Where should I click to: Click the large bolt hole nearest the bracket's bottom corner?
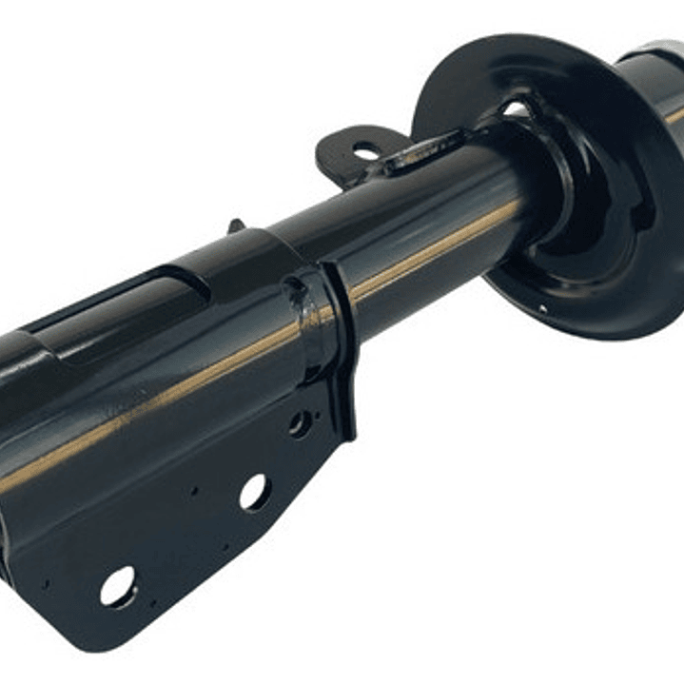118,586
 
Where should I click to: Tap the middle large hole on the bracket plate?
254,492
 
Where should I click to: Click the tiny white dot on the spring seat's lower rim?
540,307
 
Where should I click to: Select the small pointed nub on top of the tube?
235,225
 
